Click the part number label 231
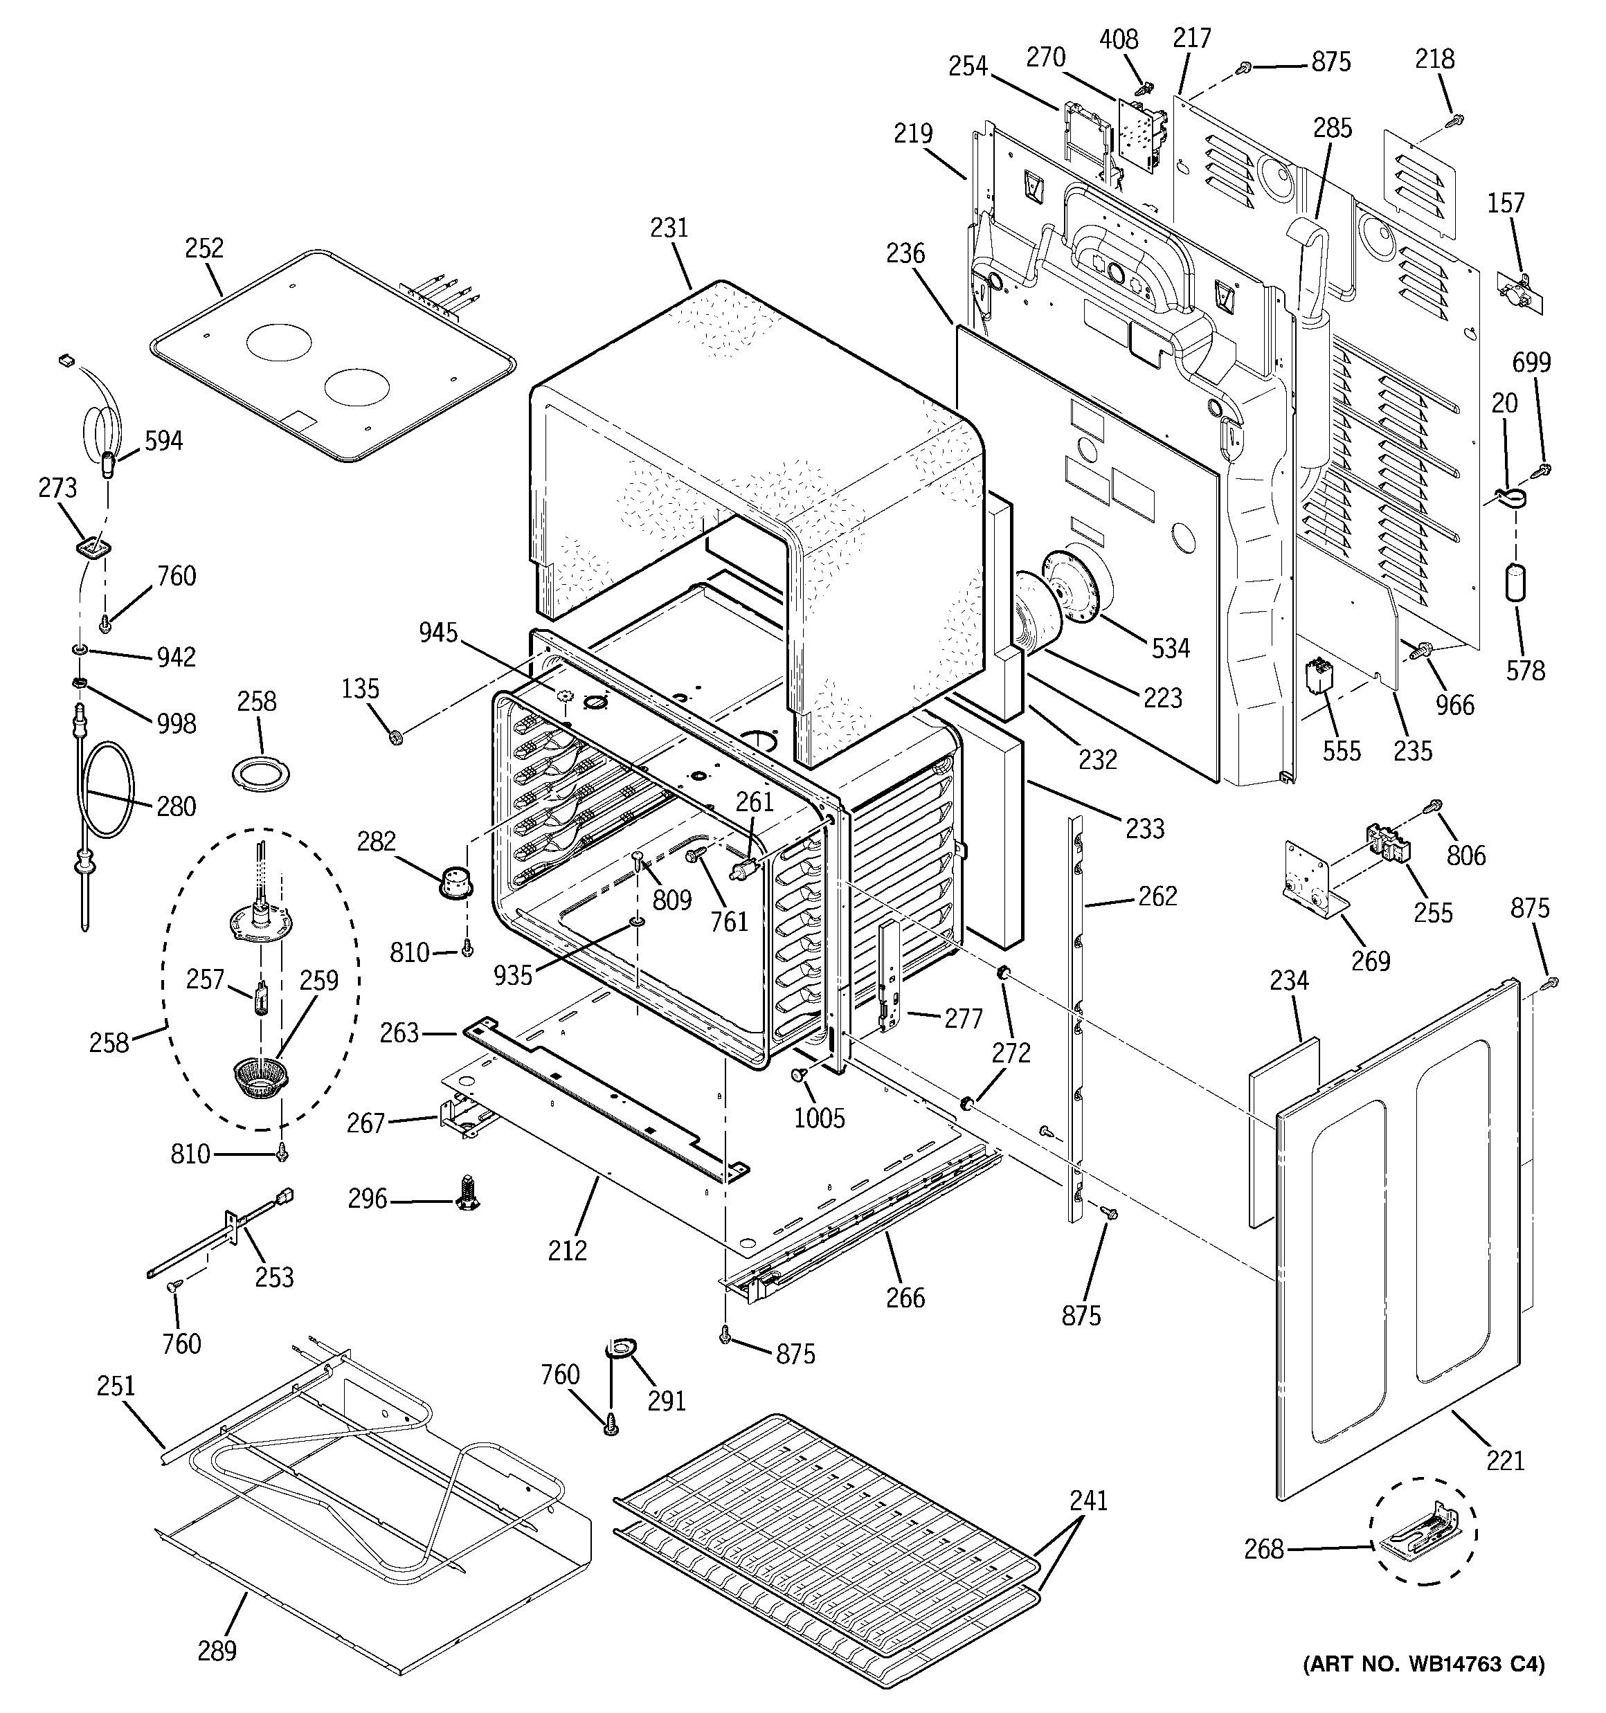click(x=669, y=228)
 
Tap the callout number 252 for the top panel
click(x=204, y=248)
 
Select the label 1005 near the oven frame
click(x=819, y=1118)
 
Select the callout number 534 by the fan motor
click(x=1171, y=648)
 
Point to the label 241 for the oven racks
click(x=1088, y=1501)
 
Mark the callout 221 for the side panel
click(x=1505, y=1460)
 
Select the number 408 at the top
click(x=1119, y=39)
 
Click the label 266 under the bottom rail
click(x=905, y=1297)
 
